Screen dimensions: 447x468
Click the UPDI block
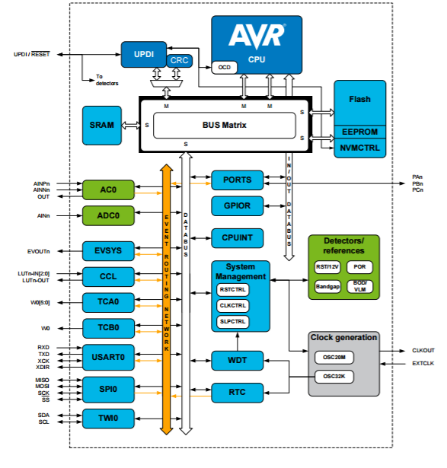point(144,54)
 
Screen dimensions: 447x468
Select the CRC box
point(179,61)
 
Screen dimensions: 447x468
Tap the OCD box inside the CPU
point(224,68)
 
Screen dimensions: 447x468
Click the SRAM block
point(102,126)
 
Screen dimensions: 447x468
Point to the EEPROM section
point(360,132)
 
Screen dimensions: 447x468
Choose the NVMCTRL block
point(360,148)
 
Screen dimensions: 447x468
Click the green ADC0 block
point(108,215)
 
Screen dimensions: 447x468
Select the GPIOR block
point(237,206)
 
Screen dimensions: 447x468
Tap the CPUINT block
point(237,238)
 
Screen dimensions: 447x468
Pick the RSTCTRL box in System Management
point(232,290)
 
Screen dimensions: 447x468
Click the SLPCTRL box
point(232,322)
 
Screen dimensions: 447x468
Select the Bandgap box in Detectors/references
point(327,287)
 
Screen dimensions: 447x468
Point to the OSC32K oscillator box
point(334,377)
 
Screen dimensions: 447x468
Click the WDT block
point(237,361)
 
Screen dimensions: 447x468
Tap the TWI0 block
point(108,419)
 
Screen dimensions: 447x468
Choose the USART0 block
point(108,357)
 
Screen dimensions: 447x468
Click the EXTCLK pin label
point(423,364)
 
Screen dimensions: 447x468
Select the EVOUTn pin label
point(39,252)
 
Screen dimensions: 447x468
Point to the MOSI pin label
point(42,387)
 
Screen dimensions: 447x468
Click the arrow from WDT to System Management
point(238,342)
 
